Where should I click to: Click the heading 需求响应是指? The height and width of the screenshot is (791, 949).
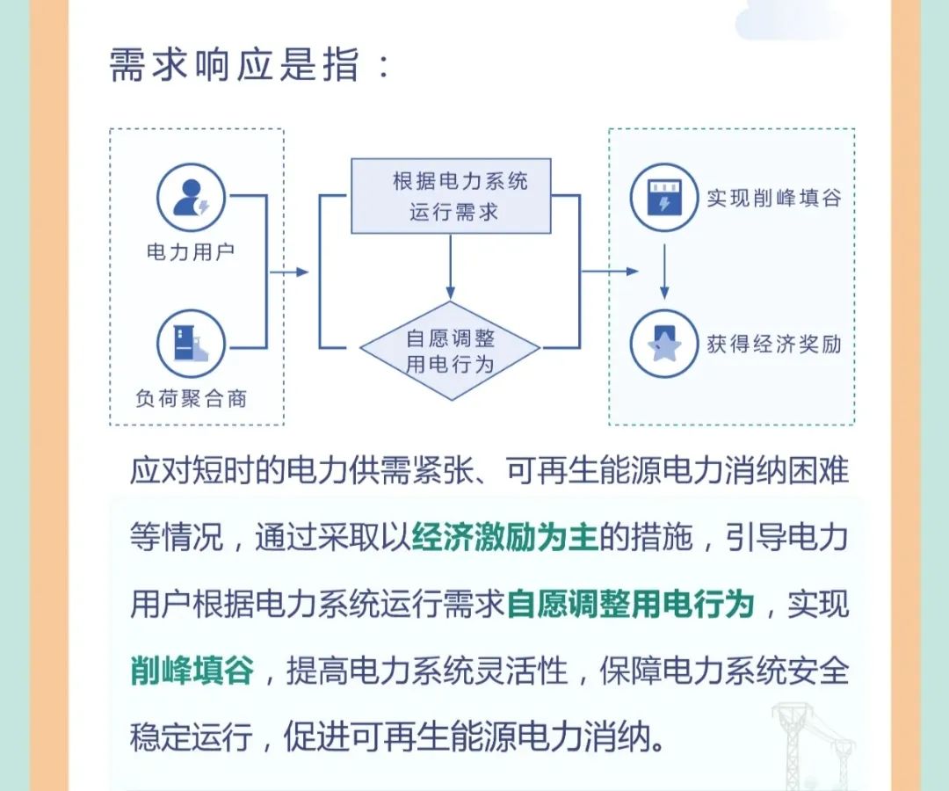(235, 65)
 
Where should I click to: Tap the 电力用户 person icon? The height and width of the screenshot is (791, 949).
(191, 197)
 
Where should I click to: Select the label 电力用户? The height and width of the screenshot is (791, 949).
(191, 251)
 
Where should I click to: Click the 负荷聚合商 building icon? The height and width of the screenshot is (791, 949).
(191, 344)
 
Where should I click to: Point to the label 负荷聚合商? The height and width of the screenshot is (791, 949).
(192, 398)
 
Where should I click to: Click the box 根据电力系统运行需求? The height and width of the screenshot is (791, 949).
(451, 196)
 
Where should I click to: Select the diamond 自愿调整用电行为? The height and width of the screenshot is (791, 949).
(450, 351)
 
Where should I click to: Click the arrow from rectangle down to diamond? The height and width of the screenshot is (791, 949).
(450, 267)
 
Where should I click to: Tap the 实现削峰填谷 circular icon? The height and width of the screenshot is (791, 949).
(664, 197)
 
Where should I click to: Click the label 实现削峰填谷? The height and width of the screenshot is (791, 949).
(774, 198)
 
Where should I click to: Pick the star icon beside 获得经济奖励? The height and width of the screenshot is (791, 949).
(664, 344)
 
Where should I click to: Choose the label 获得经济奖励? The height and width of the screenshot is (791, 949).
(774, 345)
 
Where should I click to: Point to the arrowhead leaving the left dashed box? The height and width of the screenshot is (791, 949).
(302, 272)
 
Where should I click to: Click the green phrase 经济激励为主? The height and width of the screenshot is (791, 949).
(504, 536)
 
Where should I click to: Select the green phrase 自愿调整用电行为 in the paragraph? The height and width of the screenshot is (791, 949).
(630, 604)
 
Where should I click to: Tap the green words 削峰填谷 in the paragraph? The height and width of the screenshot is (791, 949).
(192, 671)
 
